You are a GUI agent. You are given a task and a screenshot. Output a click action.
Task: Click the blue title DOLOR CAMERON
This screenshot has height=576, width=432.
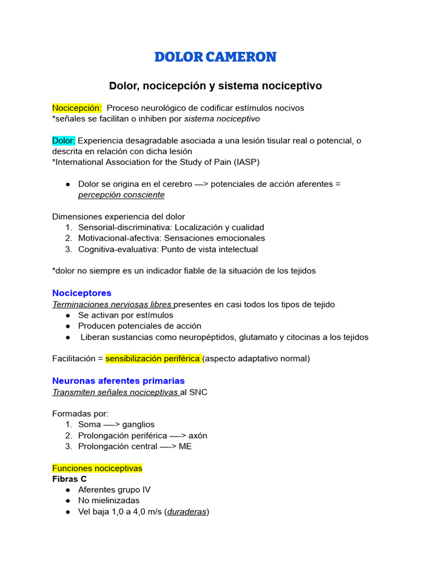[x=215, y=57]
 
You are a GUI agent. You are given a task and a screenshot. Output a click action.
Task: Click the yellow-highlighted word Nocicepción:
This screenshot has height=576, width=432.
[x=77, y=107]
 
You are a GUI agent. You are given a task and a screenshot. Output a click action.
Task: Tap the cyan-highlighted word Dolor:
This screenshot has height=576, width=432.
[x=64, y=140]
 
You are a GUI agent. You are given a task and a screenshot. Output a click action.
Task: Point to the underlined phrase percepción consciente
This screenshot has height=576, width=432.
[x=121, y=195]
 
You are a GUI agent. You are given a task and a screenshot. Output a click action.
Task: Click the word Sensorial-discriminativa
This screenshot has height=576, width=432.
[x=125, y=227]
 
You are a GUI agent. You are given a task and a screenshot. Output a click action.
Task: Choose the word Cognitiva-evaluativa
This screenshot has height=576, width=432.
[x=116, y=249]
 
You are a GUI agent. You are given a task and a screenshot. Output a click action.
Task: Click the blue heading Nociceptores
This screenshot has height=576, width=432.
[x=82, y=293]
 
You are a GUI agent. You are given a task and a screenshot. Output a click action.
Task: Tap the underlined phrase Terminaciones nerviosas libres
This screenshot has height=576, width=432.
[x=112, y=304]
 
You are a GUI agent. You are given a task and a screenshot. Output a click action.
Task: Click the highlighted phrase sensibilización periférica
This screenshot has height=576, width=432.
[x=154, y=358]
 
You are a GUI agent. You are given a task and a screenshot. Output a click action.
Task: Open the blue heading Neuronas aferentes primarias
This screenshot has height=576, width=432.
[x=118, y=381]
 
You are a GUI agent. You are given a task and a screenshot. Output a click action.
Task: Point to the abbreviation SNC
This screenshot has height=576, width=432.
[x=197, y=392]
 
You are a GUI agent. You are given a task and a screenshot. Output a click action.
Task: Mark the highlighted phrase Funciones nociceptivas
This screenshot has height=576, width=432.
[x=97, y=468]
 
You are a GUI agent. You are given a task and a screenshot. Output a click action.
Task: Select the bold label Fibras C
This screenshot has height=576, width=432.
[x=69, y=479]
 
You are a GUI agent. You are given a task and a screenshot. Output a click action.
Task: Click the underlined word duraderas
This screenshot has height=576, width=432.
[x=187, y=511]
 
